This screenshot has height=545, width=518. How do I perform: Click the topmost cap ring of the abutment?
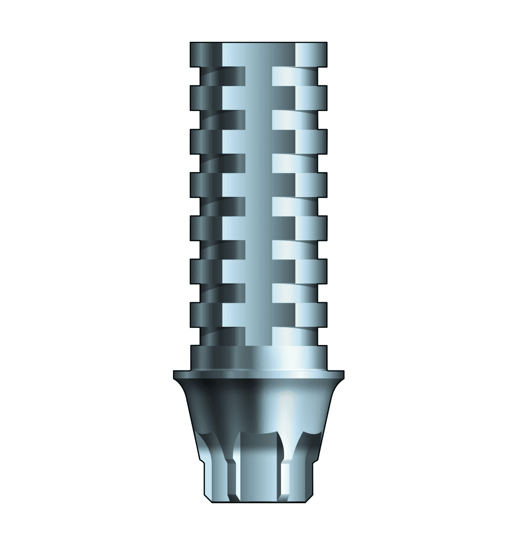(x=259, y=54)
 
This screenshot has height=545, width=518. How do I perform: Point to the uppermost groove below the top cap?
(x=259, y=76)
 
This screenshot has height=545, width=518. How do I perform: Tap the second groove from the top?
(x=259, y=119)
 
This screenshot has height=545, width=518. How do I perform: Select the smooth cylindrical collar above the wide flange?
(x=259, y=357)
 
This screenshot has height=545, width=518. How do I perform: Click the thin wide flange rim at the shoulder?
(x=259, y=375)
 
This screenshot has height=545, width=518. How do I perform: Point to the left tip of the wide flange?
(x=175, y=375)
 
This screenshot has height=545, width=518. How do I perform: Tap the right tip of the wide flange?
(x=342, y=375)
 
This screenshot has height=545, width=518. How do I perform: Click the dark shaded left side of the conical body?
(x=206, y=408)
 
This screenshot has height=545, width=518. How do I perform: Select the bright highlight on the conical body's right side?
(x=295, y=408)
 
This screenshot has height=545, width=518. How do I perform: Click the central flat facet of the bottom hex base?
(x=259, y=472)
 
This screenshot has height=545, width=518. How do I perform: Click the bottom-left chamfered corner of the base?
(x=208, y=498)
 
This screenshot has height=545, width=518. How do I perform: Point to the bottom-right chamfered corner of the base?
(x=310, y=498)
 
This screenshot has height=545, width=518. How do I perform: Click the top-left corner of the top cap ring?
(x=192, y=44)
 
